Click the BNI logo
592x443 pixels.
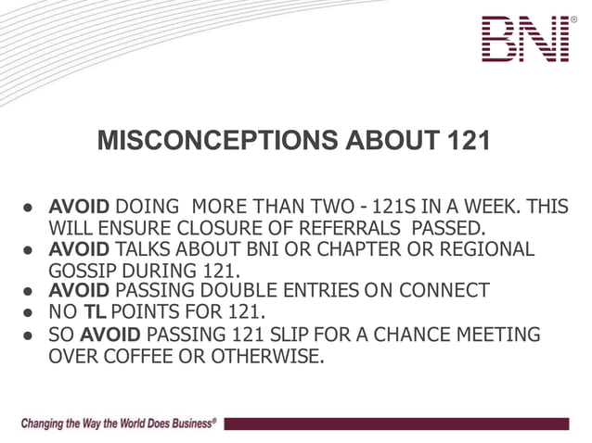pos(524,39)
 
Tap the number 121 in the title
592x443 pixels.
pos(463,141)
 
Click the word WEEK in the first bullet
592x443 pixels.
pos(482,205)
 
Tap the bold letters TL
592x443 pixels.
pos(96,312)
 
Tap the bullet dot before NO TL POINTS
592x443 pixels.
pos(30,313)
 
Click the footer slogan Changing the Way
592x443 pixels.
pos(119,424)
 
